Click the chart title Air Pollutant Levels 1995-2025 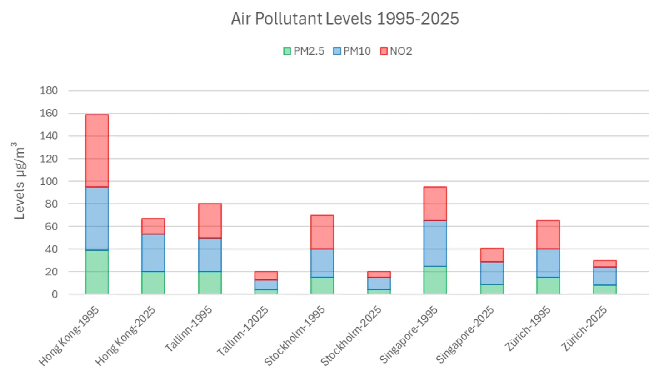344,19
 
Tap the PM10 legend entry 353,51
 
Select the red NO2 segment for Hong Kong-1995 97,150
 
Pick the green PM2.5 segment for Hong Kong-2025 153,283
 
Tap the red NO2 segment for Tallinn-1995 210,220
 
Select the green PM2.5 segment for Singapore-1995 435,280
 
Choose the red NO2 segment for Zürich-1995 548,234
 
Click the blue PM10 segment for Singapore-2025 492,273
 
